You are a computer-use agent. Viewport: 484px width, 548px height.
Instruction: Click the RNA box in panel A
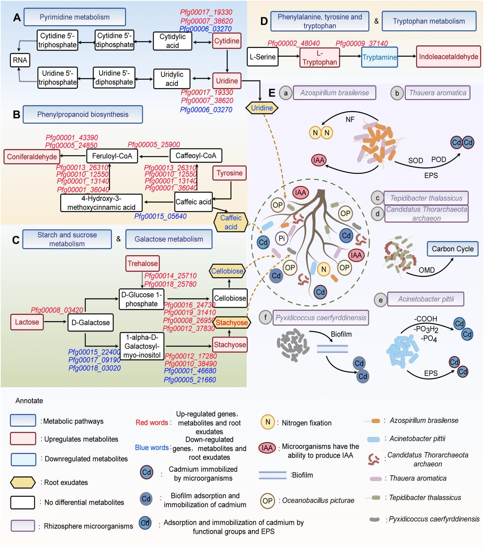20,60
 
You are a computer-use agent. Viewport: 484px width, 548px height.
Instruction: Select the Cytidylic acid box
172,41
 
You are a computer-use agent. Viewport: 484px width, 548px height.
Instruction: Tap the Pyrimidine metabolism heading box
75,17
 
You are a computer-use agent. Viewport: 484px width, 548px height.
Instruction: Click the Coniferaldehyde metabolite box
32,157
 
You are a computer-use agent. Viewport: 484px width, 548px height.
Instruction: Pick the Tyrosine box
229,173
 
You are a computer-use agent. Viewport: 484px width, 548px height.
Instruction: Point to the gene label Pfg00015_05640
160,217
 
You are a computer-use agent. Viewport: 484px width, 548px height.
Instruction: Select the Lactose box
27,322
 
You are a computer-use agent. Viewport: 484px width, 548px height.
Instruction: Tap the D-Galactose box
90,323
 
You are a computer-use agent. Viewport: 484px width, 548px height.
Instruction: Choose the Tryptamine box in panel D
379,58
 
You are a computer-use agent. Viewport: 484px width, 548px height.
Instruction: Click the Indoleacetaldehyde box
449,57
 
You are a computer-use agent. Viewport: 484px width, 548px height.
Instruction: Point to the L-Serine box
263,57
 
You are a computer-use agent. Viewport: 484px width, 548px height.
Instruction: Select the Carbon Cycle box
453,249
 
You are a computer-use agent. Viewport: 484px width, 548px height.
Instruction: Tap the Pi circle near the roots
282,239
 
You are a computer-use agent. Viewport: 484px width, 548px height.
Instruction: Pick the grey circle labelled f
265,318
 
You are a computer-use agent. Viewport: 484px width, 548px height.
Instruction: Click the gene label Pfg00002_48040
294,43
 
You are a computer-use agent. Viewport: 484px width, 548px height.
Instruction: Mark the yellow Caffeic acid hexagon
231,222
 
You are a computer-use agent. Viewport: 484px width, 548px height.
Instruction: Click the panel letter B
16,114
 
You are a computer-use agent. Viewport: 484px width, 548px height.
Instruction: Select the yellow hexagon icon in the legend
23,482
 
